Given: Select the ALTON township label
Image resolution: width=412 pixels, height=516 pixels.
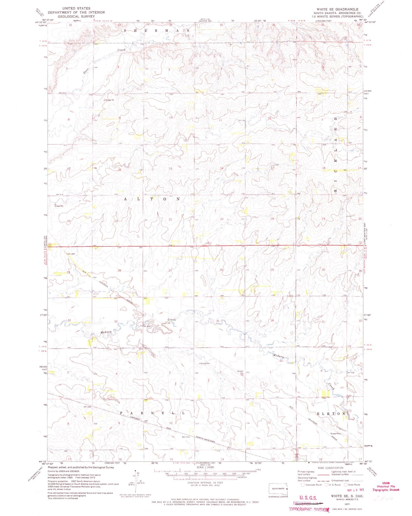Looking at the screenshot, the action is point(152,199).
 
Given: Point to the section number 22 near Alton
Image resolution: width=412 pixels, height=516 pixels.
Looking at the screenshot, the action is point(170,219).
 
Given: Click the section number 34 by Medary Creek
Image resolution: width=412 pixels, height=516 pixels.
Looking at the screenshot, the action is point(169,323).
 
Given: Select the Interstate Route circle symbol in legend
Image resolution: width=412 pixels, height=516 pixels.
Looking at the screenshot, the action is point(302,485).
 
